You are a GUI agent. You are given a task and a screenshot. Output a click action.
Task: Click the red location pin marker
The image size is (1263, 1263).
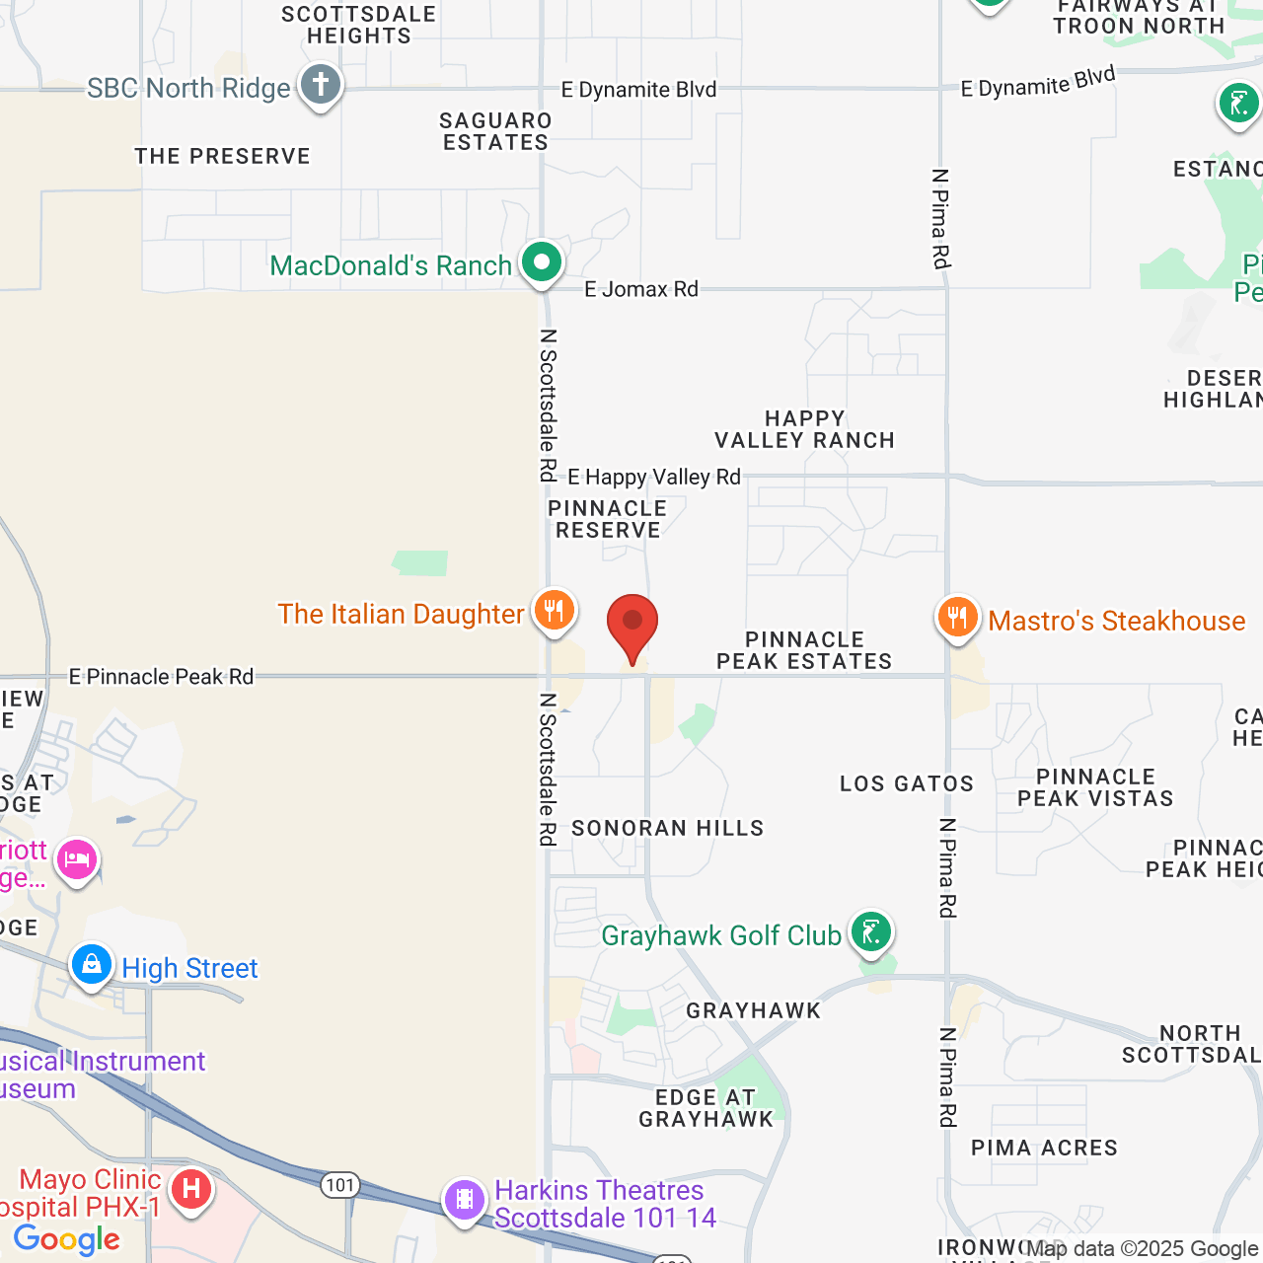(x=631, y=625)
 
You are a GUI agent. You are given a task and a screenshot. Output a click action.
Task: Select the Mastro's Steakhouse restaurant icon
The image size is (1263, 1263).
(x=956, y=618)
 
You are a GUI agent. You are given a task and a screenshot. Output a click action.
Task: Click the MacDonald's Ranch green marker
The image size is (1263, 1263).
(x=542, y=262)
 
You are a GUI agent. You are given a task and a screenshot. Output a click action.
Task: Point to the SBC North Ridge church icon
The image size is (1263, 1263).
(x=320, y=85)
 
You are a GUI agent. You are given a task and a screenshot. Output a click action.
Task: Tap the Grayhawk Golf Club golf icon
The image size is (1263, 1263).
(x=870, y=930)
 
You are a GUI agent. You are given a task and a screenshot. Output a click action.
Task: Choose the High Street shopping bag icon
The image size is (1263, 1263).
(x=92, y=964)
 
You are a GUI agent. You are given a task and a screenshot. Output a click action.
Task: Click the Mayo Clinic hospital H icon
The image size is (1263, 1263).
(x=190, y=1189)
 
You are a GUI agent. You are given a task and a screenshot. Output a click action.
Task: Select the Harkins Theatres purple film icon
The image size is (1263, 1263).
(x=464, y=1200)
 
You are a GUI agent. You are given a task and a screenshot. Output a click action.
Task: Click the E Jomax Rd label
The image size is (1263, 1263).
(x=641, y=289)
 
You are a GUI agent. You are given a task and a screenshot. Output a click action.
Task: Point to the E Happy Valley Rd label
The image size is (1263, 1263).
(x=654, y=478)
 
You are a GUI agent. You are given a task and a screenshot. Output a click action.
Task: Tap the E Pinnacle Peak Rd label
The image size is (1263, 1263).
(x=161, y=677)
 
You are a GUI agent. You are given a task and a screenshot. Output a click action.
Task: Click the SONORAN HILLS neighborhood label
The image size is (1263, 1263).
(x=668, y=828)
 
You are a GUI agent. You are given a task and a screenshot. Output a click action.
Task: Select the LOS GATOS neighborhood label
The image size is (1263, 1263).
(x=907, y=784)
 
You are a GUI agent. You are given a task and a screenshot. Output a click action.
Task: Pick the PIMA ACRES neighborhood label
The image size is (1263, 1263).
(x=1045, y=1148)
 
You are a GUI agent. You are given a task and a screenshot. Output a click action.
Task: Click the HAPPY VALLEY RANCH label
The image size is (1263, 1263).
(x=805, y=429)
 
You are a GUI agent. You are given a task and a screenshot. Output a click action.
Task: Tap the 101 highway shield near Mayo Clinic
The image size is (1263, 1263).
(x=340, y=1185)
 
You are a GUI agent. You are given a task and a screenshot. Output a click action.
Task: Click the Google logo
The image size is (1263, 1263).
(x=67, y=1239)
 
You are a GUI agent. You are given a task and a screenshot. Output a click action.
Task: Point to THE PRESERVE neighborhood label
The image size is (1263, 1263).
(x=223, y=156)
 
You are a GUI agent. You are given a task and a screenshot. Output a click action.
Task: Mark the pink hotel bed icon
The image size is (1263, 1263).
(x=77, y=860)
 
